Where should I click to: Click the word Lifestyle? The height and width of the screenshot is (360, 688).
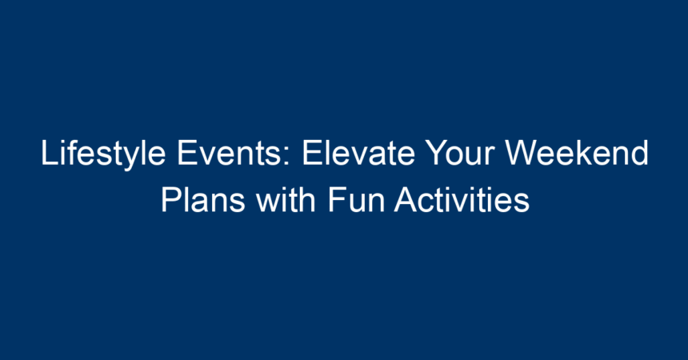(x=103, y=154)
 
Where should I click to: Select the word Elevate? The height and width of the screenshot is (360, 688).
(x=358, y=153)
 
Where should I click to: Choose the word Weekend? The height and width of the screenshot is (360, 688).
(x=577, y=153)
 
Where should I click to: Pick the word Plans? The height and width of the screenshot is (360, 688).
(x=202, y=199)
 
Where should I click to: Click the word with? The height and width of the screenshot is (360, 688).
(x=286, y=199)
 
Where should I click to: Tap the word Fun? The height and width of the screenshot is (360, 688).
(x=356, y=200)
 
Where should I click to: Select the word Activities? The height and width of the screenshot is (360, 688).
(x=462, y=199)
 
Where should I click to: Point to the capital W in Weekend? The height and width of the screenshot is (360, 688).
(x=522, y=154)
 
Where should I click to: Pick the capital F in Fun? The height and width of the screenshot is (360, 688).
(x=338, y=200)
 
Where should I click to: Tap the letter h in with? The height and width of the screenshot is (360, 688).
(x=307, y=199)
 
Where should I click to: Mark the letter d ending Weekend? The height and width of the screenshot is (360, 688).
(x=640, y=153)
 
